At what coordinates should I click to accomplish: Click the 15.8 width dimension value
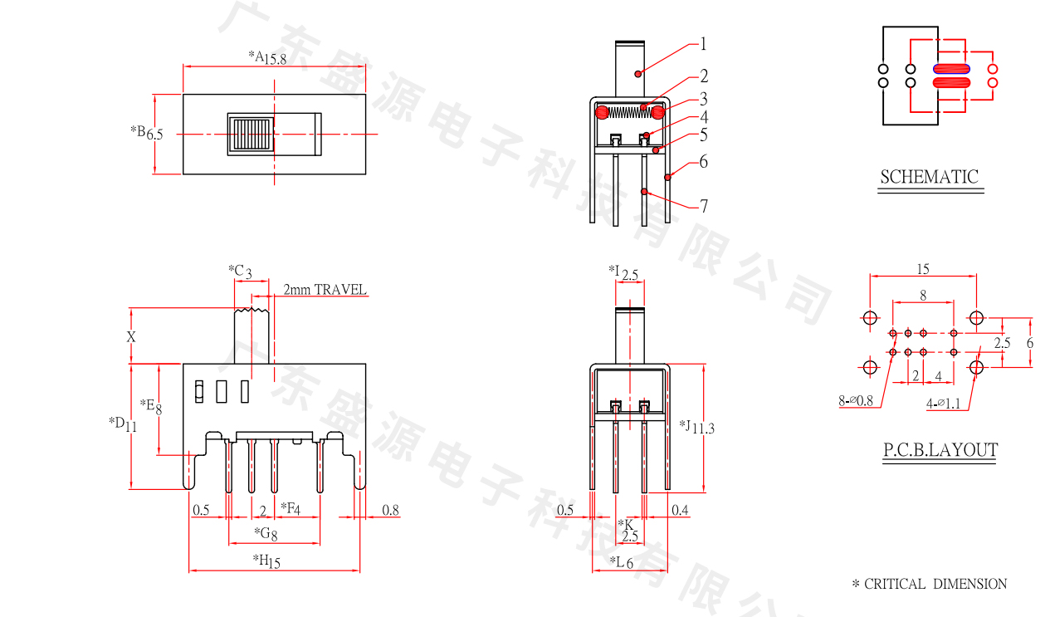click(x=276, y=59)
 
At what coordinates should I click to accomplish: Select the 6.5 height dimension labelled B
click(x=154, y=134)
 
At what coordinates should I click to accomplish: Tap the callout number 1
click(x=703, y=44)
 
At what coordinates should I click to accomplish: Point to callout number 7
click(x=703, y=206)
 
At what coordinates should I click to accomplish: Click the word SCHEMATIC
click(x=929, y=177)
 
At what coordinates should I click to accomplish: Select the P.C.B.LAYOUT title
click(x=940, y=451)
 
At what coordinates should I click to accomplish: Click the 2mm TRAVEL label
click(x=325, y=290)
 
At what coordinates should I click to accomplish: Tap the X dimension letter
click(x=130, y=337)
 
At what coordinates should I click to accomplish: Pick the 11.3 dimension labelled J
click(x=703, y=428)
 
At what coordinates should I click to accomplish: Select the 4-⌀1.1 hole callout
click(x=943, y=404)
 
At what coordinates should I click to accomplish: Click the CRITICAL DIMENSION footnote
click(x=930, y=585)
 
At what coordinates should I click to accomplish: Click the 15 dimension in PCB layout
click(x=923, y=269)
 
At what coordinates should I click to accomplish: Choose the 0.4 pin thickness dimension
click(x=680, y=510)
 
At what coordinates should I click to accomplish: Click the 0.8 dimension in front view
click(x=390, y=510)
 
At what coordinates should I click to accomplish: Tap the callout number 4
click(x=703, y=117)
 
